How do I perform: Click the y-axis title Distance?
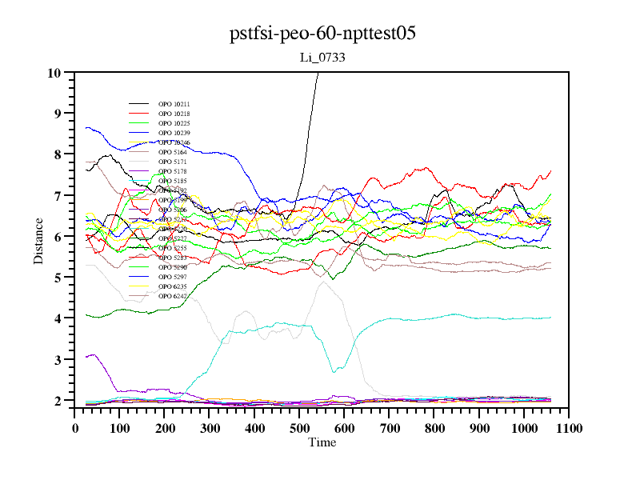(38, 240)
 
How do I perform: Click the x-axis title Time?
(322, 442)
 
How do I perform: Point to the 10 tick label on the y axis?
(54, 73)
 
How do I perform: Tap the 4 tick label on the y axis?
(58, 318)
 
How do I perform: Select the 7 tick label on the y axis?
(58, 196)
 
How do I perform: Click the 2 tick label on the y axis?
(58, 401)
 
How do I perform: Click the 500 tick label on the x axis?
(299, 428)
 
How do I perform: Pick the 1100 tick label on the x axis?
(569, 428)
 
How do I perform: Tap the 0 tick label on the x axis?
(75, 428)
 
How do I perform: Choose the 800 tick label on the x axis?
(434, 428)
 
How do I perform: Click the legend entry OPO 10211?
(174, 104)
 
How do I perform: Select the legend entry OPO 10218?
(174, 114)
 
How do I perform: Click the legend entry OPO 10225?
(174, 123)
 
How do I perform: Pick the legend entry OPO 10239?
(174, 133)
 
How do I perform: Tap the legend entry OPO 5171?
(174, 162)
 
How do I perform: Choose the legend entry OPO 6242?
(174, 296)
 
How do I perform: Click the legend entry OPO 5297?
(174, 277)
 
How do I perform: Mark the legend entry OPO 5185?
(174, 181)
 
